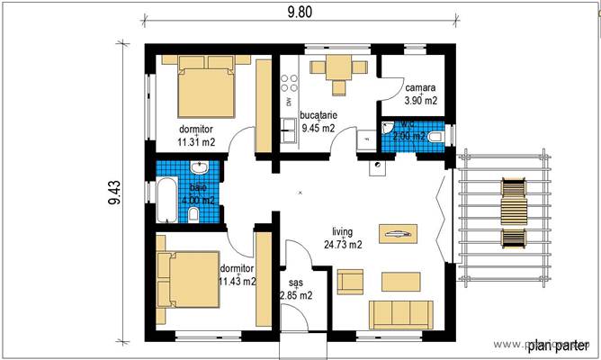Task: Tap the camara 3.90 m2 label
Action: point(420,94)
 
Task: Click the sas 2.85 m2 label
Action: point(295,289)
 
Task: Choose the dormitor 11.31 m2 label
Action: point(195,135)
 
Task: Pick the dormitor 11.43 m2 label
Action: point(237,274)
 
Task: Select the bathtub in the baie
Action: point(167,200)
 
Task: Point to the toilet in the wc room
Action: point(435,137)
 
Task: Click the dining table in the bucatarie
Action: point(339,68)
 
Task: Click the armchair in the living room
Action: point(350,282)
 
